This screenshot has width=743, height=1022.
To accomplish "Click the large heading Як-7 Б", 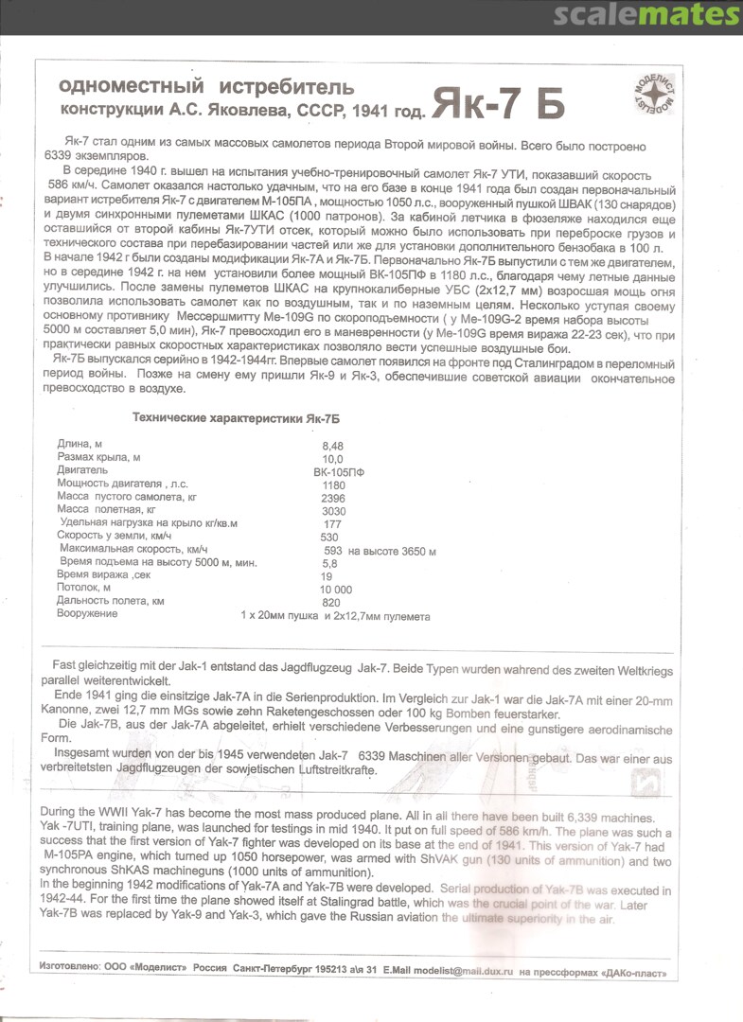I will point(499,105).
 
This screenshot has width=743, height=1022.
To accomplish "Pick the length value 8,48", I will point(334,444).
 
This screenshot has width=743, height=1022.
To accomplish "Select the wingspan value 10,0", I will point(334,457).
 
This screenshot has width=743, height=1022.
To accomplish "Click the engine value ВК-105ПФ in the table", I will point(338,470).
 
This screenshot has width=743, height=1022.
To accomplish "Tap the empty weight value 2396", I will point(333,497).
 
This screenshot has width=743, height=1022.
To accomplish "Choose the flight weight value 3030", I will point(333,510).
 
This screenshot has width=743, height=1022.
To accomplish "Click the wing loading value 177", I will point(331,523).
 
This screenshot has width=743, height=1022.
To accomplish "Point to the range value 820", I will point(331,602).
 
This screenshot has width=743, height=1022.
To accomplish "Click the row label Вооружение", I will point(88,614).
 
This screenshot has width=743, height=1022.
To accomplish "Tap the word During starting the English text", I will point(61,815).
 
